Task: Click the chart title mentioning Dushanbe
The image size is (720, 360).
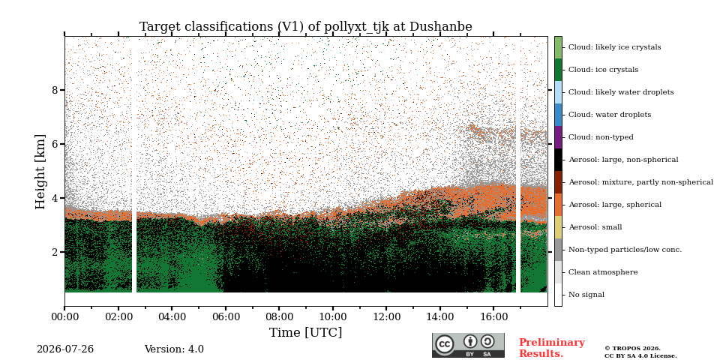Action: point(306,27)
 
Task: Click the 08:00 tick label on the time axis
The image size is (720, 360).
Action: point(279,316)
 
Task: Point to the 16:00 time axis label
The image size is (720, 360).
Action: point(493,316)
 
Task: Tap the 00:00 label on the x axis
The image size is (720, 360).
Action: point(64,316)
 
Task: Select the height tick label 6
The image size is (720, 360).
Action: point(55,144)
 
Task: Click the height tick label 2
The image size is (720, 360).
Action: point(55,252)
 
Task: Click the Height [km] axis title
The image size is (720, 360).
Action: point(40,172)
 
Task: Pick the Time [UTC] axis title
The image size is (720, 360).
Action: point(306,332)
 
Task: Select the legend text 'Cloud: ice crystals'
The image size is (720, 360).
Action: point(603,70)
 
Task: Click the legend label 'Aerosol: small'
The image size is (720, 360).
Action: point(595,227)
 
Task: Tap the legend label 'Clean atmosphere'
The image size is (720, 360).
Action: point(603,272)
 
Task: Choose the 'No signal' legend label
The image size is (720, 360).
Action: point(586,295)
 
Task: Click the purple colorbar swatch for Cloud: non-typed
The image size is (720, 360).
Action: point(558,137)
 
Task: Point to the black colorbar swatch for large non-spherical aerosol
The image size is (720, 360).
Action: point(558,160)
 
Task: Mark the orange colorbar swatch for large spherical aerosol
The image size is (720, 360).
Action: point(558,205)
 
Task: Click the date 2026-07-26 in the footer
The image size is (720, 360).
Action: point(65,349)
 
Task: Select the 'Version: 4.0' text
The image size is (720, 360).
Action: point(174,349)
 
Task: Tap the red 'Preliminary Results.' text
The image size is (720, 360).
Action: point(552,348)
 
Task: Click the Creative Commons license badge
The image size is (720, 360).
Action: point(468,345)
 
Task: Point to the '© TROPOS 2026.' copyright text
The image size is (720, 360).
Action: point(632,349)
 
